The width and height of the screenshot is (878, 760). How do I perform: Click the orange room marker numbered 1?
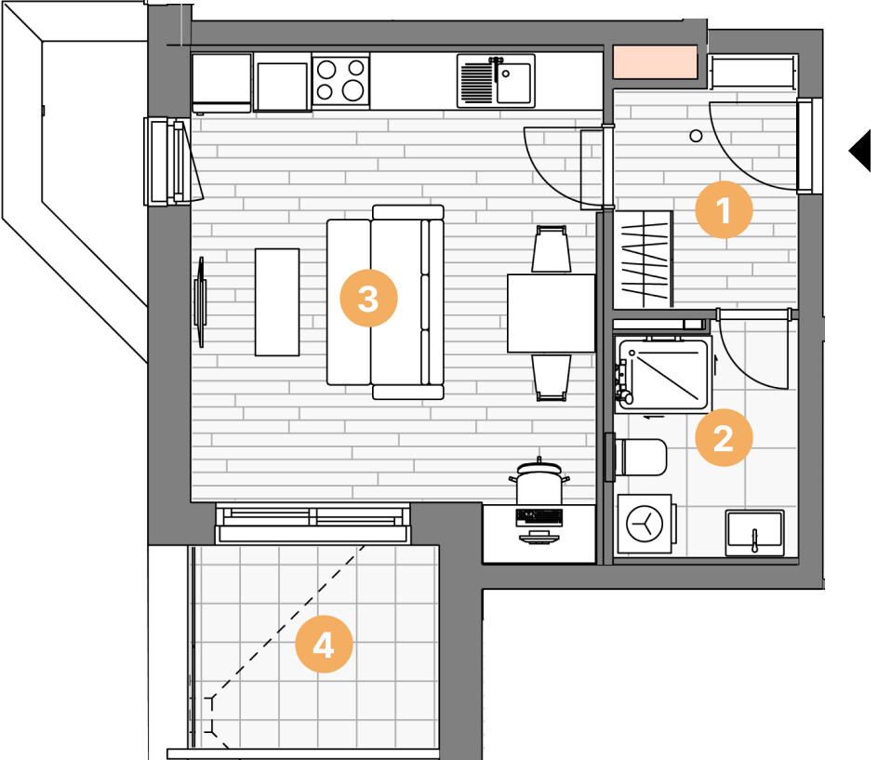tap(724, 210)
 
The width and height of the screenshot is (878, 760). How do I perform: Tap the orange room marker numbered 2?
tap(724, 437)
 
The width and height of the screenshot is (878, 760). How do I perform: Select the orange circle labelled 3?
tap(368, 298)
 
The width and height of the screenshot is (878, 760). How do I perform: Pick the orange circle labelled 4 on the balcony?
tap(324, 644)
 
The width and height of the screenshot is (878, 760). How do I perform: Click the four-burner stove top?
tap(340, 81)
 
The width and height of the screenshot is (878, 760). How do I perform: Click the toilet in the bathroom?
tap(640, 457)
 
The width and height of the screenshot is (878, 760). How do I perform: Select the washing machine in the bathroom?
tap(645, 524)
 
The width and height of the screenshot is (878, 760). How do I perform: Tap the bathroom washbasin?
tap(754, 533)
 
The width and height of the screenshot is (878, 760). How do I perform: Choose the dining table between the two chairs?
tap(551, 313)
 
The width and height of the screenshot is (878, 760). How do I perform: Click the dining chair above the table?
tap(552, 249)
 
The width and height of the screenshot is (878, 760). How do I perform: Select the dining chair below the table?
tap(552, 378)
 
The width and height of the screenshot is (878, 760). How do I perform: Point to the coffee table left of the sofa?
tap(277, 302)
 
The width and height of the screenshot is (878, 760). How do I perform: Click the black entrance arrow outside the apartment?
tap(860, 151)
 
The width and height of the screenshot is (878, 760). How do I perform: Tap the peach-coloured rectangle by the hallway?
tap(655, 61)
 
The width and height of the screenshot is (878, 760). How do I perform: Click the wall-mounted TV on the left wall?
tap(200, 302)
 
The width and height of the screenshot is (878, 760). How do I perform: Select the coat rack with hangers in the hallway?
tap(644, 260)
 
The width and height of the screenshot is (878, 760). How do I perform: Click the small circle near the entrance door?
tap(696, 136)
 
